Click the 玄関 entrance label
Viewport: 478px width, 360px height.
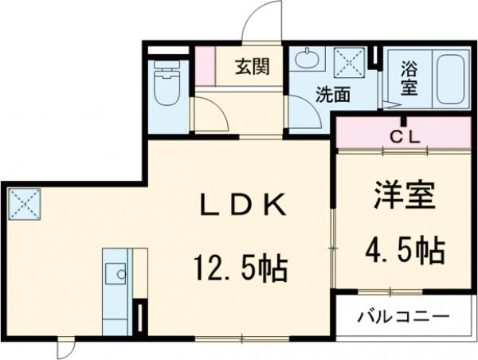pyautogui.click(x=250, y=67)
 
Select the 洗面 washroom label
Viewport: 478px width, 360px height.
pyautogui.click(x=333, y=95)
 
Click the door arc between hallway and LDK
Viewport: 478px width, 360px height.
pyautogui.click(x=211, y=115)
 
